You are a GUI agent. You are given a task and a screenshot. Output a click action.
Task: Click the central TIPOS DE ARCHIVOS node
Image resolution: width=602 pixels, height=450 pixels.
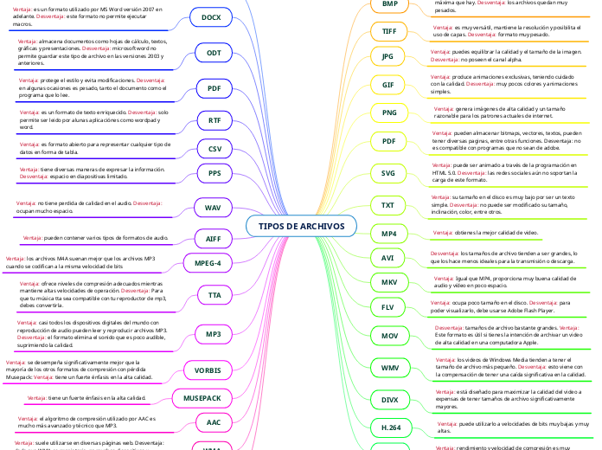pos(301,226)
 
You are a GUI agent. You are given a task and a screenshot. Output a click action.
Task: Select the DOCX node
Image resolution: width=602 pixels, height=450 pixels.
pos(210,17)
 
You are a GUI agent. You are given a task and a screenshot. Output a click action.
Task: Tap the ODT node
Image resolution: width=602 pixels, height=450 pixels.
pos(213,53)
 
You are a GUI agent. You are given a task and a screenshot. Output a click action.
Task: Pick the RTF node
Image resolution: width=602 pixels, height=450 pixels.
pos(215,119)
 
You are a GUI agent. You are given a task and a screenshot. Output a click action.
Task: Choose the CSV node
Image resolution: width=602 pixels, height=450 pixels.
pos(215,149)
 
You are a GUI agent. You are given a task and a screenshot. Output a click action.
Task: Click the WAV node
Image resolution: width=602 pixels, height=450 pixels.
pos(213,208)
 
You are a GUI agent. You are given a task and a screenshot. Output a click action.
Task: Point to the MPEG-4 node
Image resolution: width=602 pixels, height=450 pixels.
pos(207,262)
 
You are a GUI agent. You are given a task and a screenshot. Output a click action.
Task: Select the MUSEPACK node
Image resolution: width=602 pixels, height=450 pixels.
pos(202,398)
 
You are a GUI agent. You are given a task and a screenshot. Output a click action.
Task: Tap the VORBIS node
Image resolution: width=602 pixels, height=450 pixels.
pos(208,370)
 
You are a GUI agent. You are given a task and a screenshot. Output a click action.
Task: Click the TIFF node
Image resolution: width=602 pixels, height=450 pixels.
pos(389,31)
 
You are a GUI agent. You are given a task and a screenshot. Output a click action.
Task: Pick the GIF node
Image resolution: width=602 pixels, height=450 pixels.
pos(388,85)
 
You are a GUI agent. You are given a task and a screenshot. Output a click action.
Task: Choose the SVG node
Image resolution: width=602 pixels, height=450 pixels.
pos(388,173)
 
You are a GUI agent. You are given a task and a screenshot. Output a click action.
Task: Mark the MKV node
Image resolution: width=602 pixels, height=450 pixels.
pos(388,282)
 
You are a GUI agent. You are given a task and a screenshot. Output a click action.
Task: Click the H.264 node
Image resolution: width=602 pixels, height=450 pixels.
pos(391,427)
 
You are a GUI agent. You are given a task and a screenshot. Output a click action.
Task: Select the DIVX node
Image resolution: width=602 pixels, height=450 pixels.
pos(389,399)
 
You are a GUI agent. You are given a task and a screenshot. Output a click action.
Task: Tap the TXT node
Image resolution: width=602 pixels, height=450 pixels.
pos(388,205)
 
